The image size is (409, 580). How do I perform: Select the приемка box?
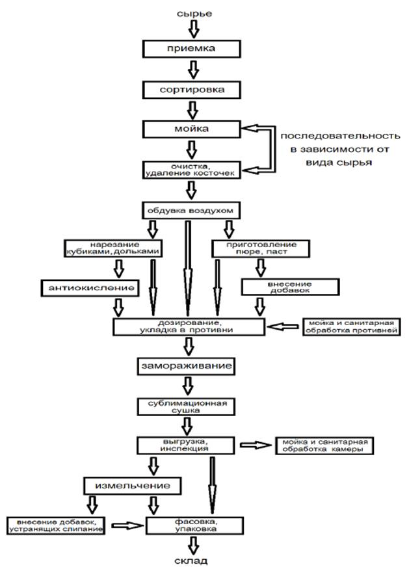192,48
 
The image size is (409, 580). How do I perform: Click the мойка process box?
192,128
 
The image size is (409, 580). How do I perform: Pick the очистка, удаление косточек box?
192,170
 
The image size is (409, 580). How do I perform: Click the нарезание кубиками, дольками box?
112,248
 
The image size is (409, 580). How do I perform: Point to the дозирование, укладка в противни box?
189,326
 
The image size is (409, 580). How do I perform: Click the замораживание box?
185,366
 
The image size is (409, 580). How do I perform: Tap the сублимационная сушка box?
184,406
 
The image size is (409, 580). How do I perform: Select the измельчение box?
129,485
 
